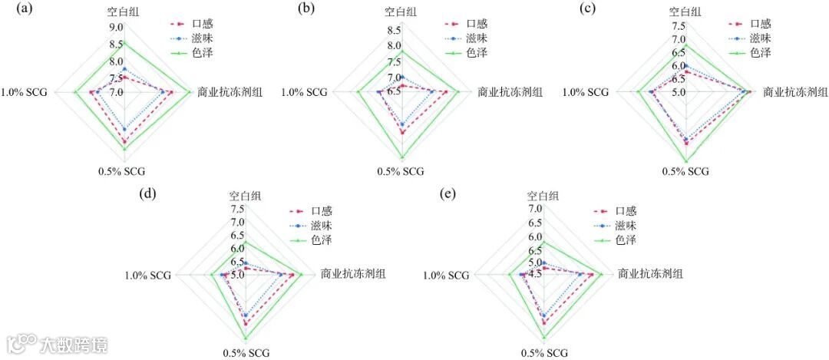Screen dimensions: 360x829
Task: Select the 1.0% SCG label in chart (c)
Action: pyautogui.click(x=585, y=92)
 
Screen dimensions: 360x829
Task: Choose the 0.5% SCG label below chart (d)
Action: pyautogui.click(x=246, y=353)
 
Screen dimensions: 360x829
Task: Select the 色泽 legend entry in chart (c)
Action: pyautogui.click(x=760, y=53)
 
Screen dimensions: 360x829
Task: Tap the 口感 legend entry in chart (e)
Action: pyautogui.click(x=626, y=211)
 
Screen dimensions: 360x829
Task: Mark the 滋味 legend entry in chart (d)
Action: pyautogui.click(x=322, y=226)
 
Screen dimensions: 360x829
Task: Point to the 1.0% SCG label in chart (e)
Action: pyautogui.click(x=446, y=275)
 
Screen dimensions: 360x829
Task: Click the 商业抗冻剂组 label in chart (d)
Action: pyautogui.click(x=353, y=274)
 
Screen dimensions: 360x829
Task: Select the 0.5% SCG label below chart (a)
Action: pyautogui.click(x=122, y=170)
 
